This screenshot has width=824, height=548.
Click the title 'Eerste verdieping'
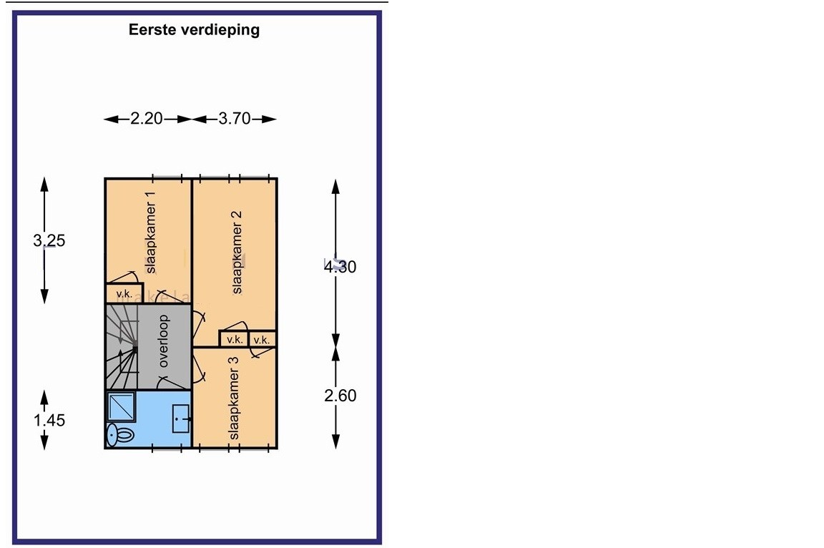194,30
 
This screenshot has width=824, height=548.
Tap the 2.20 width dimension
147,119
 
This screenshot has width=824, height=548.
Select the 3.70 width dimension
235,119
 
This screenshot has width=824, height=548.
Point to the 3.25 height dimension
49,240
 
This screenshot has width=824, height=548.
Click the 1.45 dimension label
49,420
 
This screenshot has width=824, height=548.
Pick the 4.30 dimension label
340,266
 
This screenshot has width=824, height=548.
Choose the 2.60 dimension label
340,396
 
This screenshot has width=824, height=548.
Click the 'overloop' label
164,341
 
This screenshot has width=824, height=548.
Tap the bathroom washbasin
180,419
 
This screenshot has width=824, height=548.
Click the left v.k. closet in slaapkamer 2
233,340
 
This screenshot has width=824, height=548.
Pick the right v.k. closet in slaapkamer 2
262,340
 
